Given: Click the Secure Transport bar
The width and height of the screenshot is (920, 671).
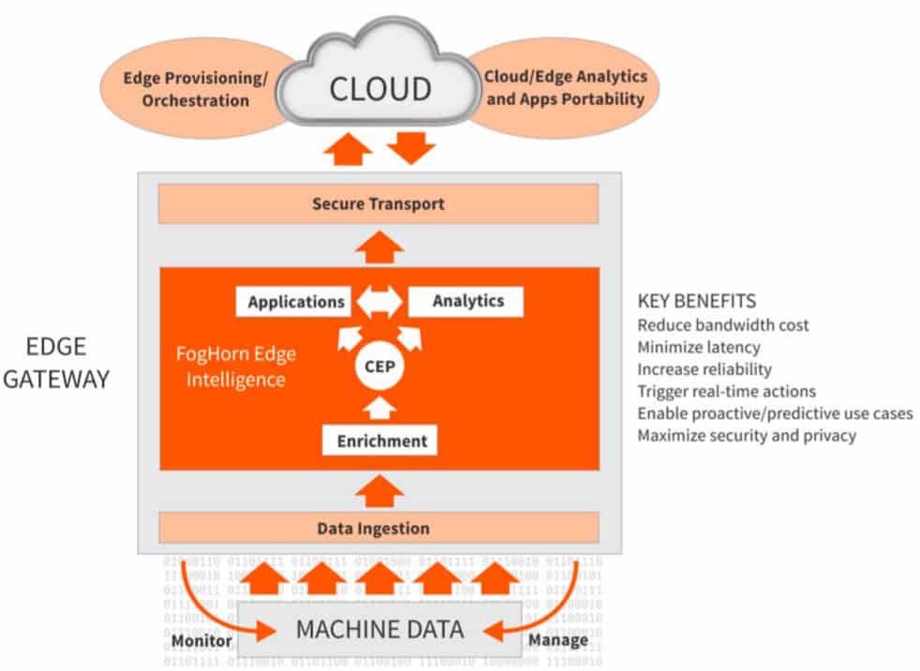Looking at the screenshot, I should [x=378, y=203].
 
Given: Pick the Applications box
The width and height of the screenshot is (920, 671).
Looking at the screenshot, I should [x=295, y=302].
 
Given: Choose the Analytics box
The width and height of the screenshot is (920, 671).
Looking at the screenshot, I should [x=467, y=301].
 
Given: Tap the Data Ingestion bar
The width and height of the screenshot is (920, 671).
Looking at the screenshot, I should [x=373, y=528].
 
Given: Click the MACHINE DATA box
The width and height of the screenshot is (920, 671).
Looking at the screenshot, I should [x=379, y=629].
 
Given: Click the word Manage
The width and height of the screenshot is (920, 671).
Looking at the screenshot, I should [x=558, y=641].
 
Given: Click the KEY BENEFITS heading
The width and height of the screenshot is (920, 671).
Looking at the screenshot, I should [x=696, y=302].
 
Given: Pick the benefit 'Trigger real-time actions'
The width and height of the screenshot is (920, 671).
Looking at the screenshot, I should [x=726, y=391].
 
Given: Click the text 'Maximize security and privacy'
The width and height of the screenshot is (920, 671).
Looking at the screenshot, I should [x=746, y=436].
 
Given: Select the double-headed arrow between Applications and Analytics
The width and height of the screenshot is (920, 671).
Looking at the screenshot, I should [x=378, y=302].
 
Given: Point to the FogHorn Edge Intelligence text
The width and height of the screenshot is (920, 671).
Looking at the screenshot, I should [x=231, y=368].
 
